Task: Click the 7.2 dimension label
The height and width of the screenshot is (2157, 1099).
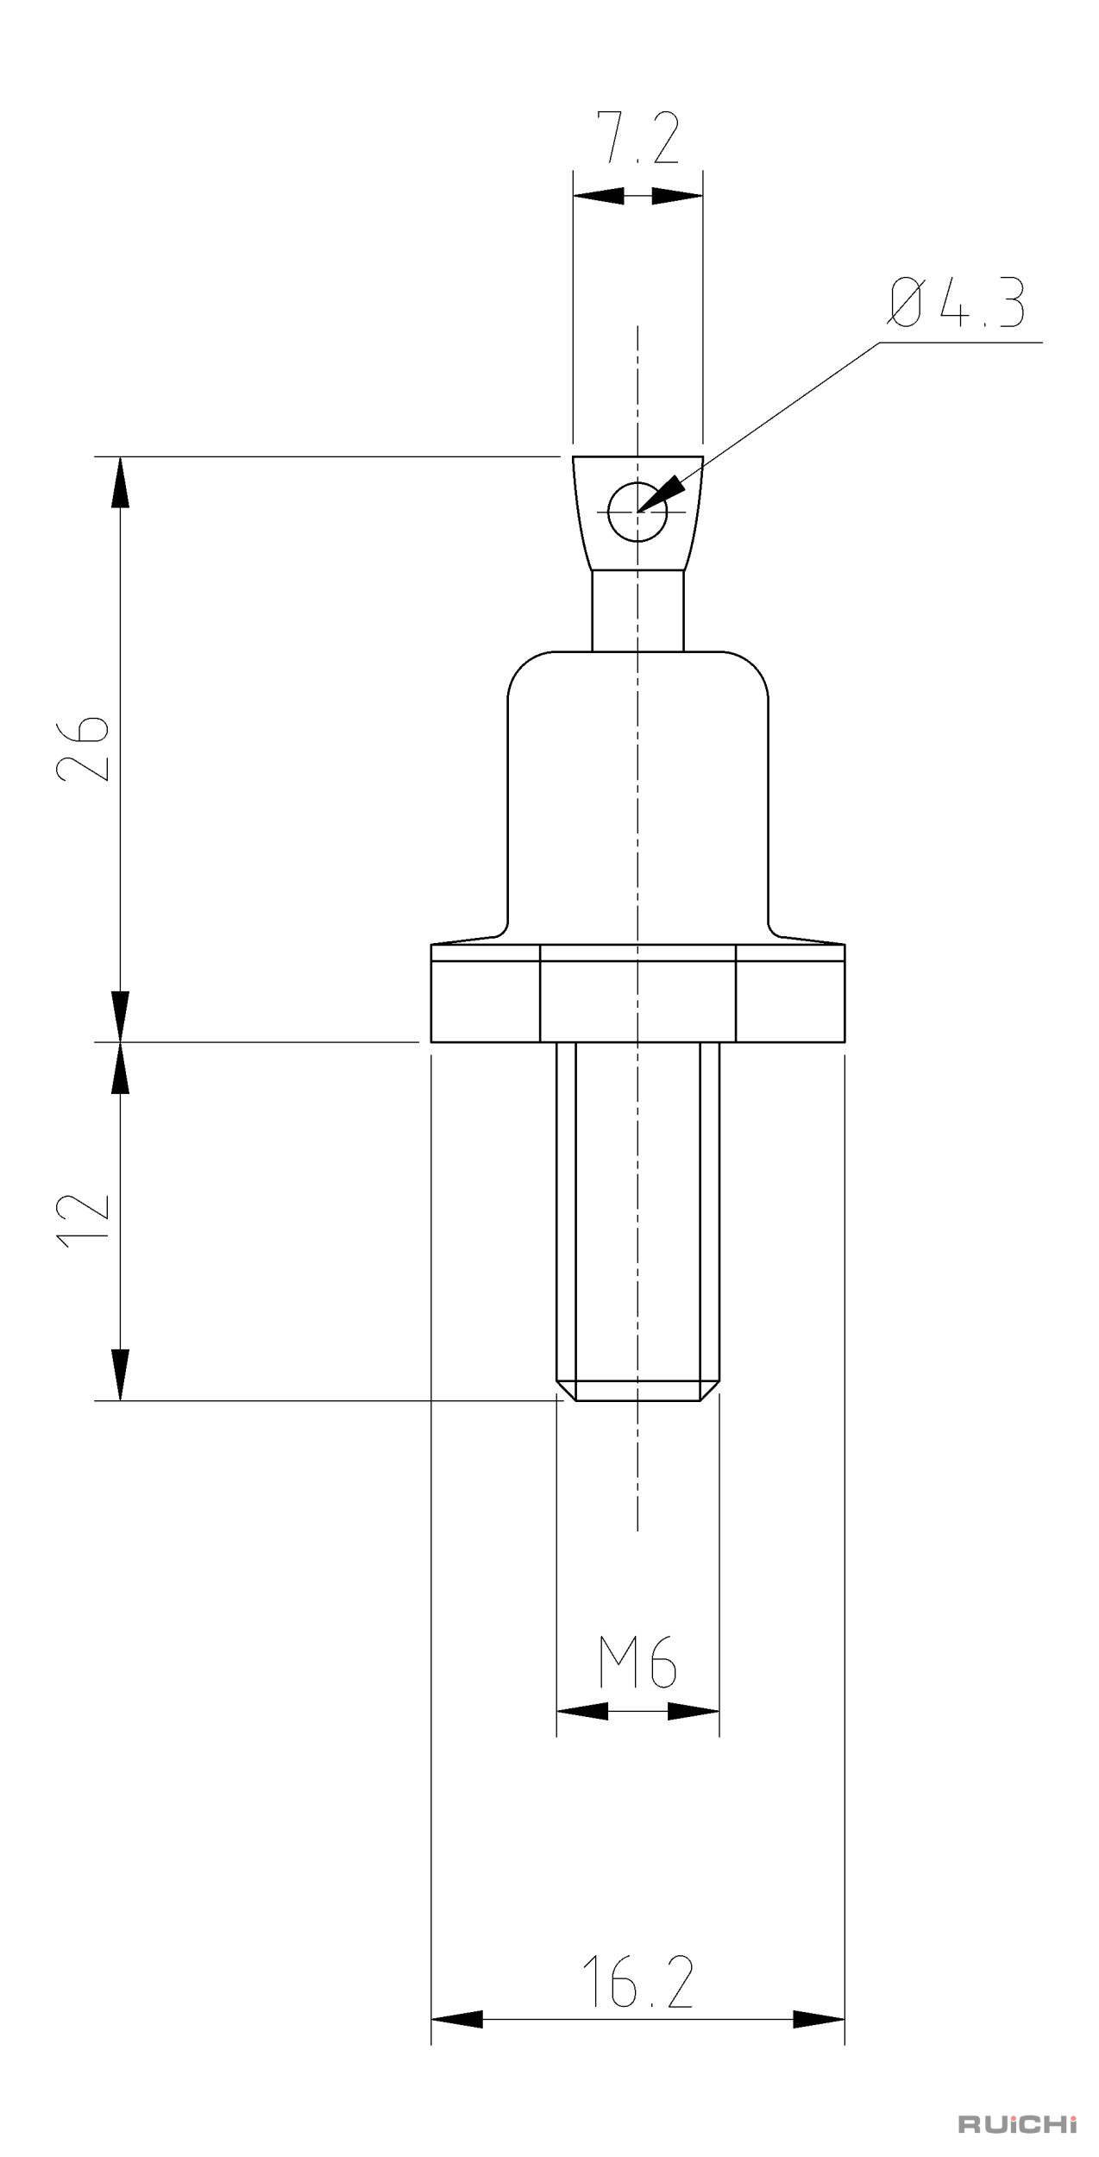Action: pyautogui.click(x=640, y=137)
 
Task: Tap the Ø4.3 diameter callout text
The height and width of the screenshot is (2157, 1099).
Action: pyautogui.click(x=955, y=303)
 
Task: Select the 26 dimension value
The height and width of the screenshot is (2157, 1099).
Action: pyautogui.click(x=83, y=747)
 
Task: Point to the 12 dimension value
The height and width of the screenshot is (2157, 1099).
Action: pyautogui.click(x=83, y=1218)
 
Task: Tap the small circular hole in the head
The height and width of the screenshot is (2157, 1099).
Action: pyautogui.click(x=637, y=513)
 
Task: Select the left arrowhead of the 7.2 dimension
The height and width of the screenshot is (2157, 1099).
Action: pyautogui.click(x=598, y=196)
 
